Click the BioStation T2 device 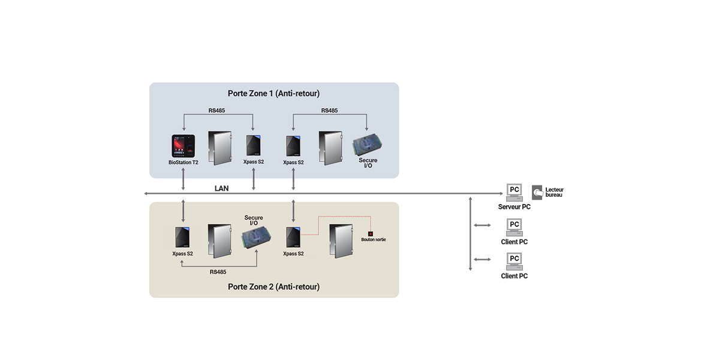point(183,146)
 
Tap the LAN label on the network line point(221,188)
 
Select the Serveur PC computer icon point(515,193)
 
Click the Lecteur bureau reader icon point(537,193)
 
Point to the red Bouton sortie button point(371,234)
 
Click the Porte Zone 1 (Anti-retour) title point(273,94)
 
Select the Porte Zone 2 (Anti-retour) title point(273,287)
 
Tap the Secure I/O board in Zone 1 point(367,145)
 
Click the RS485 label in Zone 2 point(218,272)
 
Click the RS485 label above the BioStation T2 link point(216,110)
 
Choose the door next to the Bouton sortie point(341,241)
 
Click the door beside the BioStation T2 point(220,148)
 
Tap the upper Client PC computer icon point(515,227)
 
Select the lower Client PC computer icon point(515,262)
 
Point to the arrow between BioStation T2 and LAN point(183,179)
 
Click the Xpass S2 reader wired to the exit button point(293,237)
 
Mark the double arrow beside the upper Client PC point(482,225)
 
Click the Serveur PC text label point(514,207)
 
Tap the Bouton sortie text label point(373,239)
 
